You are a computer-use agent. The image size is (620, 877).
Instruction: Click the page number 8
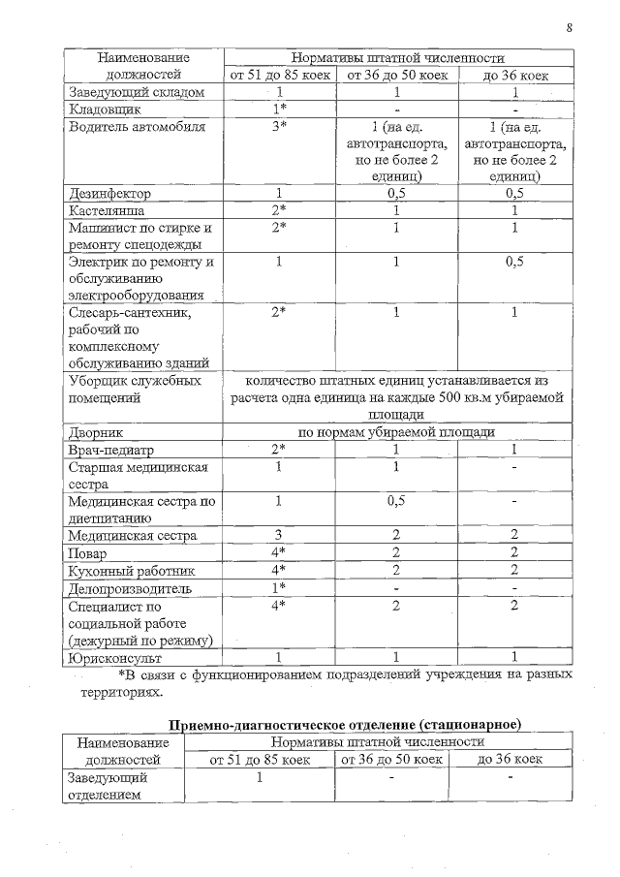569,27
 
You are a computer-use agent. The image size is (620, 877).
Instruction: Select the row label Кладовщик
103,110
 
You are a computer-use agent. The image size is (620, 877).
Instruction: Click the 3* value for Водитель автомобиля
278,127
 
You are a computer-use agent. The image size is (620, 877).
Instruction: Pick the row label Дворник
95,432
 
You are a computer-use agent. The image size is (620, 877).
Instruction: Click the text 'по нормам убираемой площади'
396,432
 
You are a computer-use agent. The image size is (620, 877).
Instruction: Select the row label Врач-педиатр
108,450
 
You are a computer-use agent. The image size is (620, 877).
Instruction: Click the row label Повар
87,553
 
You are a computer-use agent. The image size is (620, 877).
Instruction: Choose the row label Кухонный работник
119,571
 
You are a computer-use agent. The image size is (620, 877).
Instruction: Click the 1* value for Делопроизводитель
278,588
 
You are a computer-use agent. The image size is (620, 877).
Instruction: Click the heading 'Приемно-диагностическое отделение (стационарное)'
346,724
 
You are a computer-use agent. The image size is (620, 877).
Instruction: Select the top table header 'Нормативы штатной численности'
397,58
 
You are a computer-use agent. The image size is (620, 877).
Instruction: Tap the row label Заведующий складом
136,92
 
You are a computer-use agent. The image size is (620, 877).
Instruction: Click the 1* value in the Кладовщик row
278,110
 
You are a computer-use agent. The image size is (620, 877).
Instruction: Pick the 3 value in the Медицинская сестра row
278,535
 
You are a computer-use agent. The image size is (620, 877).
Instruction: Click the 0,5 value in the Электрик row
515,263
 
